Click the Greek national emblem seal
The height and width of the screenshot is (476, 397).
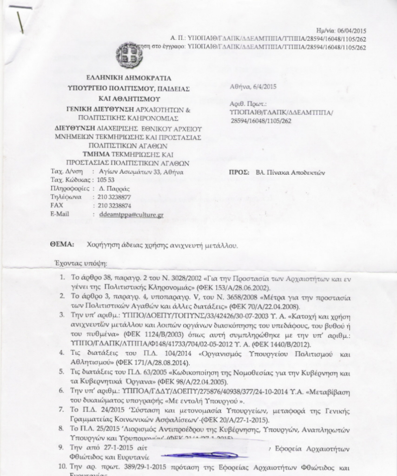pos(129,54)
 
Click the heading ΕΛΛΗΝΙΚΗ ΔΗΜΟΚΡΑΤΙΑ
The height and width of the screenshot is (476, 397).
pos(129,78)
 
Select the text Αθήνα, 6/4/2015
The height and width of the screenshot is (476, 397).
pos(253,86)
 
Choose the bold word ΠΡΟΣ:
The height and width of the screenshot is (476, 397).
pos(240,172)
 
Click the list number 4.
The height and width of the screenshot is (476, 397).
pos(62,353)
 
